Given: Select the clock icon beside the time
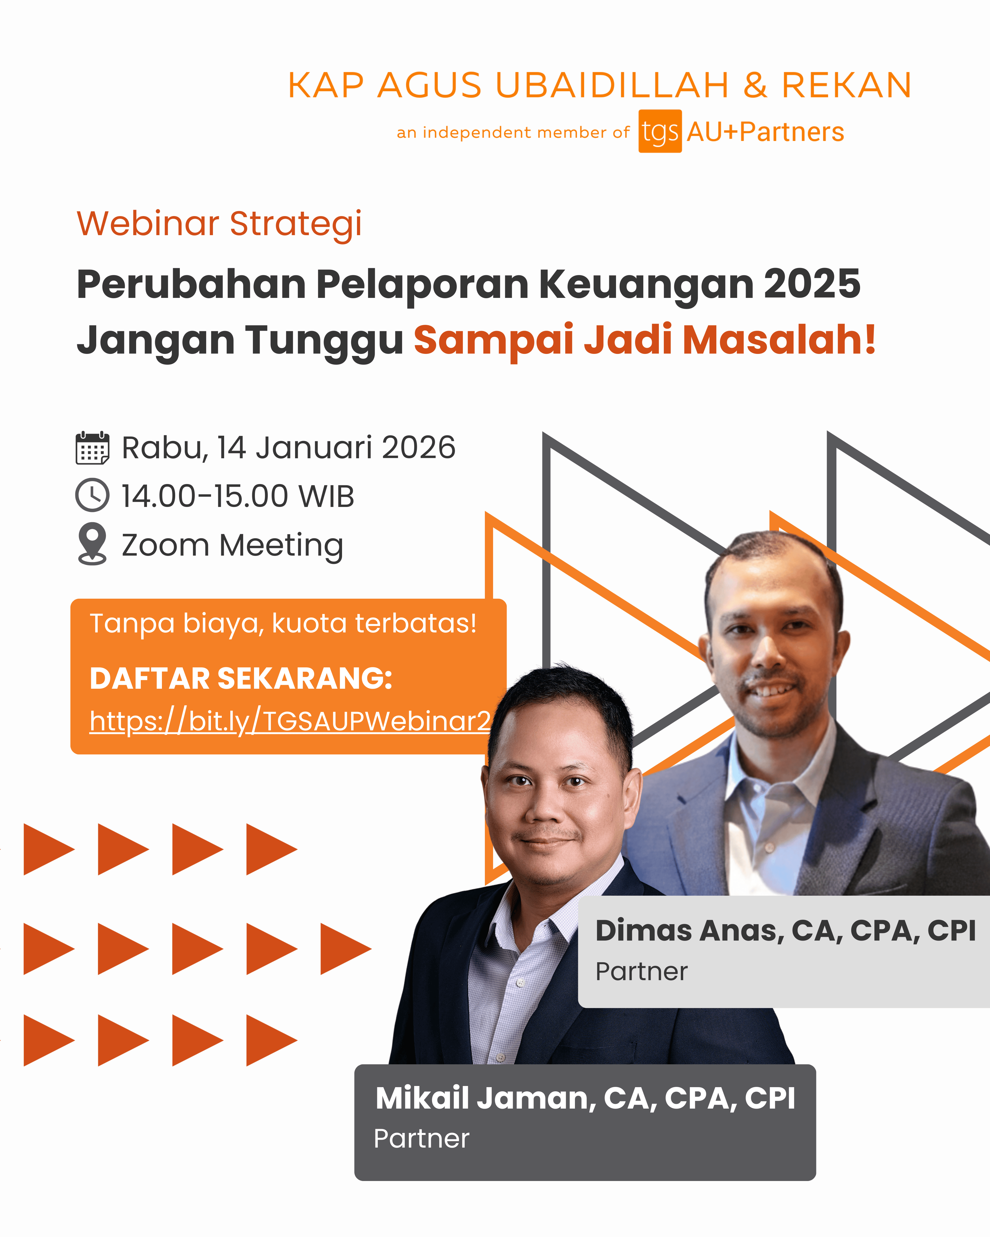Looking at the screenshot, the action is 92,495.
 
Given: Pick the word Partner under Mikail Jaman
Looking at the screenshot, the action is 421,1139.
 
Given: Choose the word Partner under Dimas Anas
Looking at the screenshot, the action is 641,971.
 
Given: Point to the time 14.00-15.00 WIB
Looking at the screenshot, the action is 238,496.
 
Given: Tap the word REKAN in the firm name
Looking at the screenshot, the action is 847,86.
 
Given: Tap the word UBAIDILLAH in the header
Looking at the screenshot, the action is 612,86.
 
